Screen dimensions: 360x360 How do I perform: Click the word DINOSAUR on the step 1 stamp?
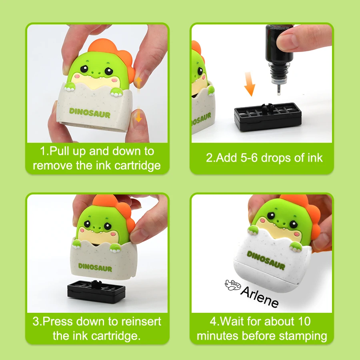click(89, 113)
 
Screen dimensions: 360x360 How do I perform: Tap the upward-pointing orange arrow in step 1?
click(138, 82)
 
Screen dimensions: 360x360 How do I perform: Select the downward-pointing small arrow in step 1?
click(138, 115)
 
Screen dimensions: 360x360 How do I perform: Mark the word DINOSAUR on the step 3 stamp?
click(95, 266)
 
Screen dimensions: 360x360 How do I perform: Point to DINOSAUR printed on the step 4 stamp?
click(266, 260)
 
